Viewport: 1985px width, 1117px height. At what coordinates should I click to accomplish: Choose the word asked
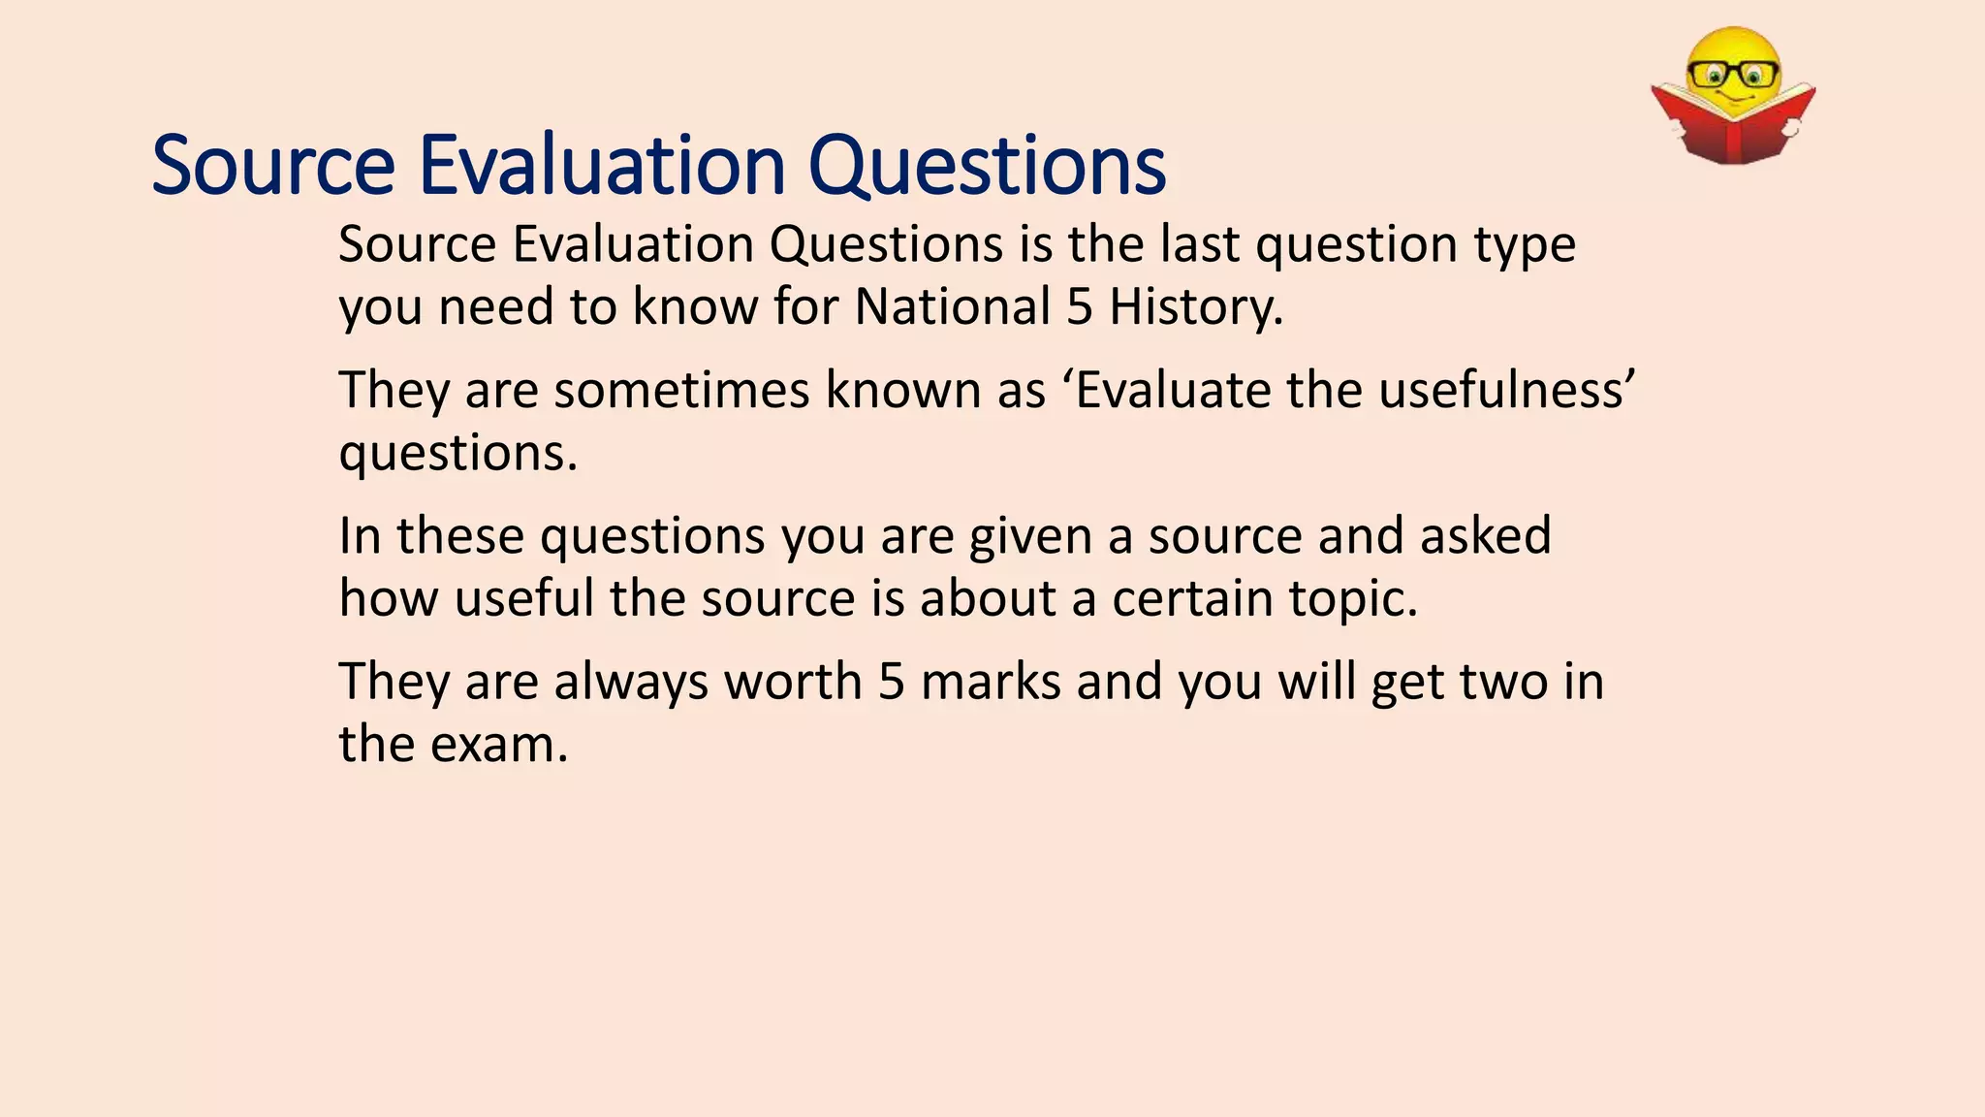pos(1486,536)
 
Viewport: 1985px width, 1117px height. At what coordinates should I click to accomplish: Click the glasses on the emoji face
pos(1733,74)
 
